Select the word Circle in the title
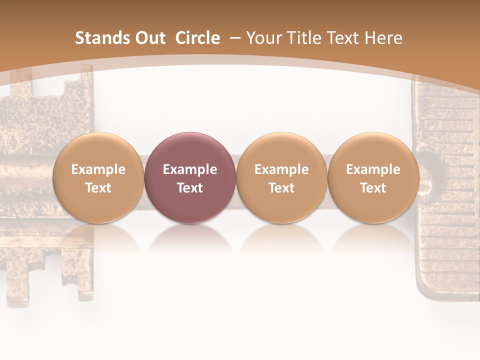click(197, 38)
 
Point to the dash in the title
click(235, 38)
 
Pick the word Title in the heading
click(304, 38)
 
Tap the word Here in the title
click(384, 38)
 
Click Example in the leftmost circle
click(98, 169)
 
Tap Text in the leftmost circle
click(98, 188)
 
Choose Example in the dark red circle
click(190, 169)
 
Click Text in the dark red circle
click(190, 188)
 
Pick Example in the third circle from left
click(281, 169)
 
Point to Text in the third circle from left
click(281, 188)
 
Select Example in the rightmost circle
click(373, 169)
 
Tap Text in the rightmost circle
click(373, 188)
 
